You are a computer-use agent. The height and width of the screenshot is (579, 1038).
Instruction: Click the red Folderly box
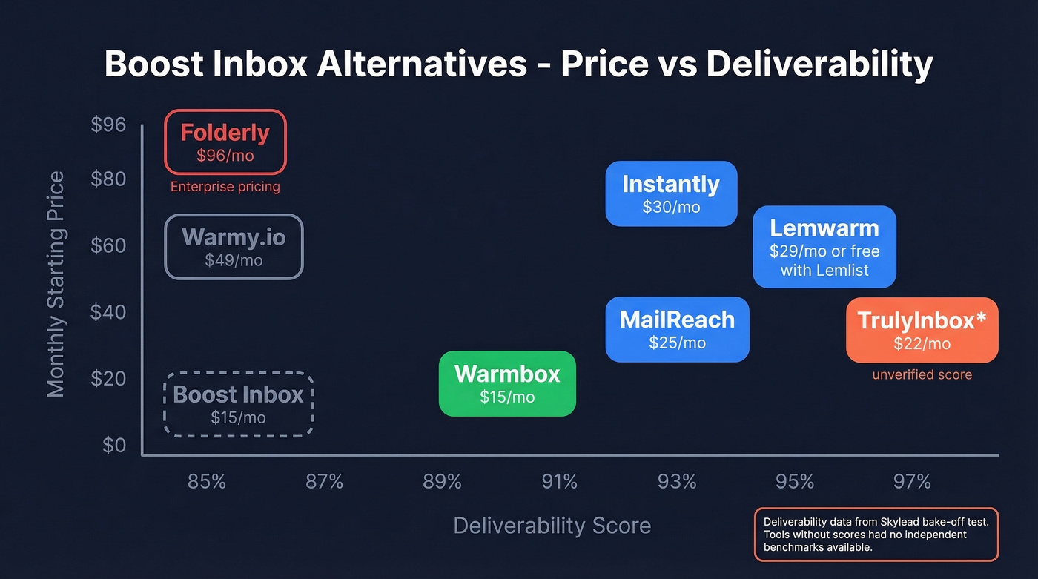pos(225,142)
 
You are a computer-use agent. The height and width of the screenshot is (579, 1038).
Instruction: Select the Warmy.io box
pos(234,247)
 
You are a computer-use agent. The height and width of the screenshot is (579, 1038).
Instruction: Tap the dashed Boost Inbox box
pos(239,404)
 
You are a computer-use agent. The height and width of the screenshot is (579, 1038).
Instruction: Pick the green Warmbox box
pos(507,383)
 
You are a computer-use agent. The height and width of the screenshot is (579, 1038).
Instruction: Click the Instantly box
pos(671,193)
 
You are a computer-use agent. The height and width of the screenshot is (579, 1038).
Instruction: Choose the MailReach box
pos(677,329)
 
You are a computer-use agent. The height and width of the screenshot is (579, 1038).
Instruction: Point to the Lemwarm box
pos(824,247)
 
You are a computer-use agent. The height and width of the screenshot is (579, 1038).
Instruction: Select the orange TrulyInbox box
pos(922,330)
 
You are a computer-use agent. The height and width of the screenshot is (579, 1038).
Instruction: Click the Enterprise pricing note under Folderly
pos(225,187)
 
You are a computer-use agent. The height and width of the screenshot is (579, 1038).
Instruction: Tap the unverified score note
pos(922,375)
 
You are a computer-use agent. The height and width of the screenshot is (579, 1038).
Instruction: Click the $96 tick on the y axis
pos(108,125)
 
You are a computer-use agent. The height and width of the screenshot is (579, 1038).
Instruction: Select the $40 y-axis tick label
pos(108,312)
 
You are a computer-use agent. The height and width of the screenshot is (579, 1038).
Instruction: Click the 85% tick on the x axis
pos(206,483)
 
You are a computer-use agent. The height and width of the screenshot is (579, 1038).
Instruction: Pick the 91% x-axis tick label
pos(559,483)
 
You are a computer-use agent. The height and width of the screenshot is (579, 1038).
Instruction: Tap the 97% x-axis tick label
pos(912,483)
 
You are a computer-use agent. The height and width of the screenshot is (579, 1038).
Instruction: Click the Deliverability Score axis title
pos(552,526)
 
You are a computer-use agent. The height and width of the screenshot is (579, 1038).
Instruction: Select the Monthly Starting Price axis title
pos(56,284)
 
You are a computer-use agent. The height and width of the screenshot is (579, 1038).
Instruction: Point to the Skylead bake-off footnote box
pos(876,535)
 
